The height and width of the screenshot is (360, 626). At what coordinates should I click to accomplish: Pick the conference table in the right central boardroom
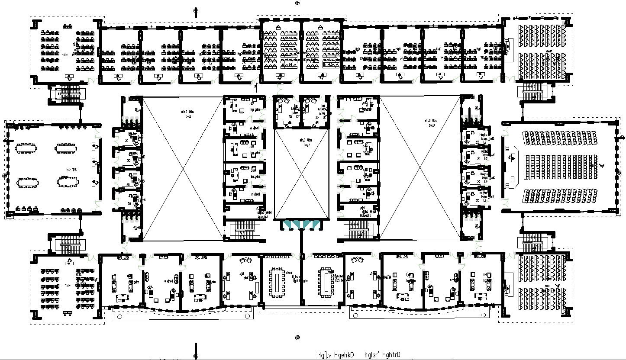tap(325, 282)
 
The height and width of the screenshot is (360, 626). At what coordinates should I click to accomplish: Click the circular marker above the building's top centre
tap(297, 3)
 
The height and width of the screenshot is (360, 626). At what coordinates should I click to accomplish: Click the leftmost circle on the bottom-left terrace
tap(119, 315)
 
